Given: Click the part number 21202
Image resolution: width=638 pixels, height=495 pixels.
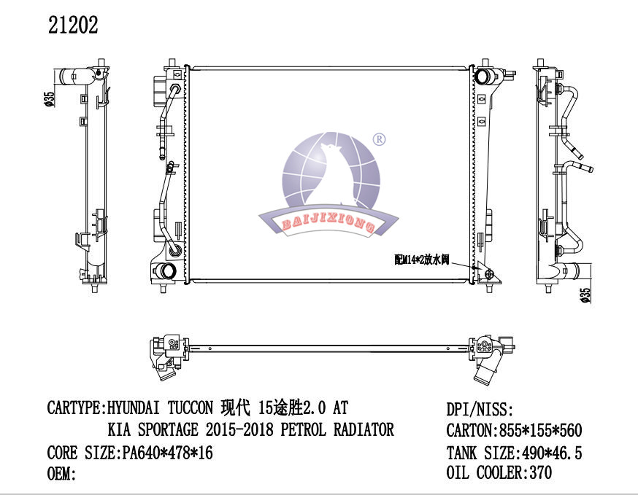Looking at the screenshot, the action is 73,26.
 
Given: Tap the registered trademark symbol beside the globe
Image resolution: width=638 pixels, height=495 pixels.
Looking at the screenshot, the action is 379,140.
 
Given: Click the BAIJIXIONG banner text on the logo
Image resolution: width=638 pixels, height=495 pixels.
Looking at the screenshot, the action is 328,222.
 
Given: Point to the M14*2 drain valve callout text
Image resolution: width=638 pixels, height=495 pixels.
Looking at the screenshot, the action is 421,260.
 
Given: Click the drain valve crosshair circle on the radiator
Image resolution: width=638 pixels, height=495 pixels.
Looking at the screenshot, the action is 490,274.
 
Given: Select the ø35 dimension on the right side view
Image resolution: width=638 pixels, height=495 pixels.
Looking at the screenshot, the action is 585,295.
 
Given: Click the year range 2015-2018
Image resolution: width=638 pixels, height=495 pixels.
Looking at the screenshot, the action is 239,430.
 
